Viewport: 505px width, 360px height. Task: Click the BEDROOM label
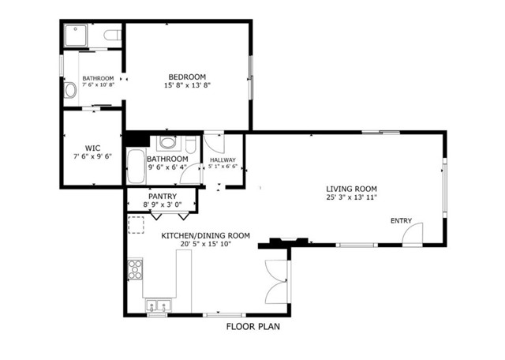pyautogui.click(x=187, y=77)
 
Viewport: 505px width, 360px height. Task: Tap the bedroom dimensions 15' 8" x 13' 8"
pyautogui.click(x=187, y=85)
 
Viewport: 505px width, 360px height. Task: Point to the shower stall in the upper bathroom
pyautogui.click(x=77, y=36)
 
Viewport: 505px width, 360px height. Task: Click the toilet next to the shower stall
pyautogui.click(x=110, y=36)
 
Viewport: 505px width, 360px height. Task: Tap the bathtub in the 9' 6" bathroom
pyautogui.click(x=134, y=166)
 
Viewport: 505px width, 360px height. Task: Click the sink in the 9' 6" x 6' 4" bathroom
pyautogui.click(x=166, y=143)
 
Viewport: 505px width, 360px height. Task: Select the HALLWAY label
pyautogui.click(x=222, y=159)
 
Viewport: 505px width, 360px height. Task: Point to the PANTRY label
pyautogui.click(x=162, y=197)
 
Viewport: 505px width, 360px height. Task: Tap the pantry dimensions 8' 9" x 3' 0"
pyautogui.click(x=162, y=204)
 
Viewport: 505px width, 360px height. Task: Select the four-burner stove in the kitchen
pyautogui.click(x=134, y=269)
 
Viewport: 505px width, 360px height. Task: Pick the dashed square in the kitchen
pyautogui.click(x=137, y=227)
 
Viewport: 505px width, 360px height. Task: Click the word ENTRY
pyautogui.click(x=401, y=220)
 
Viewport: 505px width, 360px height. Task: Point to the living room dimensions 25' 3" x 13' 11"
pyautogui.click(x=352, y=197)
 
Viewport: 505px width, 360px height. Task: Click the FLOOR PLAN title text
pyautogui.click(x=252, y=326)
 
